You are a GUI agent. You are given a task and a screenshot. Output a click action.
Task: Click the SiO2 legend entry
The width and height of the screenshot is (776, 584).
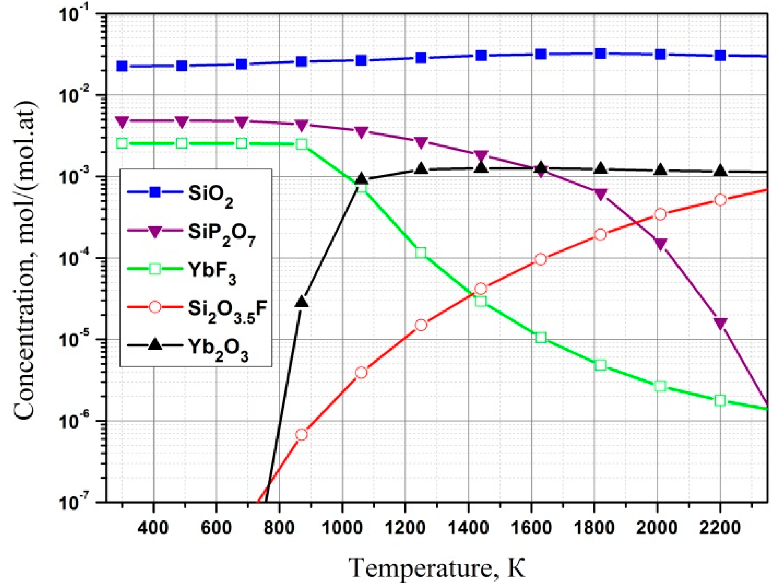click(210, 194)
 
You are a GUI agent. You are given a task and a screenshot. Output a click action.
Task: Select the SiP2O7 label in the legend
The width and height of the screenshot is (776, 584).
click(221, 233)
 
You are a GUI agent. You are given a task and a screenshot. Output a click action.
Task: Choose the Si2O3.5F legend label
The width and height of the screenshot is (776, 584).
click(227, 310)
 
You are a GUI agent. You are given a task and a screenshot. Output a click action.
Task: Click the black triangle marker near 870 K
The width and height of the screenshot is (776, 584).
click(302, 302)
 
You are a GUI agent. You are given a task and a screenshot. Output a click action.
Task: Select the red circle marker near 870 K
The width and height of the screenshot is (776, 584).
click(302, 435)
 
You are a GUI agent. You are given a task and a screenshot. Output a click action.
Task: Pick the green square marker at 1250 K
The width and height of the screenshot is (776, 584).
click(420, 253)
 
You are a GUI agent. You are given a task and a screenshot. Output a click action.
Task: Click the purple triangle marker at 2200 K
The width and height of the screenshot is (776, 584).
click(720, 323)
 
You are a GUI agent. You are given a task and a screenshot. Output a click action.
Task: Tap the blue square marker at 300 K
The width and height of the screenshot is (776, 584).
click(122, 66)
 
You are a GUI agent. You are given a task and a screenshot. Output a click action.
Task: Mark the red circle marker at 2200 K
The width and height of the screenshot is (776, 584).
click(720, 200)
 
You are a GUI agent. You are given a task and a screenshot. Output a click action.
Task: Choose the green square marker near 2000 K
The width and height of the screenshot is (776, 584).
click(660, 386)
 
